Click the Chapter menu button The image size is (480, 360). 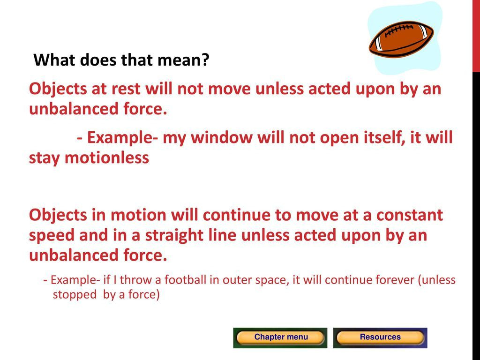[x=280, y=337]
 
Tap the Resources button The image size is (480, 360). [x=380, y=337]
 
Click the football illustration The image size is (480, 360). [x=401, y=39]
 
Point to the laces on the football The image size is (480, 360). [x=398, y=30]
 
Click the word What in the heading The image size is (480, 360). [x=53, y=60]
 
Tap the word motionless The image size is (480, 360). [x=107, y=158]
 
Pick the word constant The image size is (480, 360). [x=409, y=215]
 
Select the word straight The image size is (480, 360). [x=174, y=236]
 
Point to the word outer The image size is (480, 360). [x=234, y=280]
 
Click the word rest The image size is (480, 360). [x=126, y=89]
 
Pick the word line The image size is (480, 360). [x=222, y=235]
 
